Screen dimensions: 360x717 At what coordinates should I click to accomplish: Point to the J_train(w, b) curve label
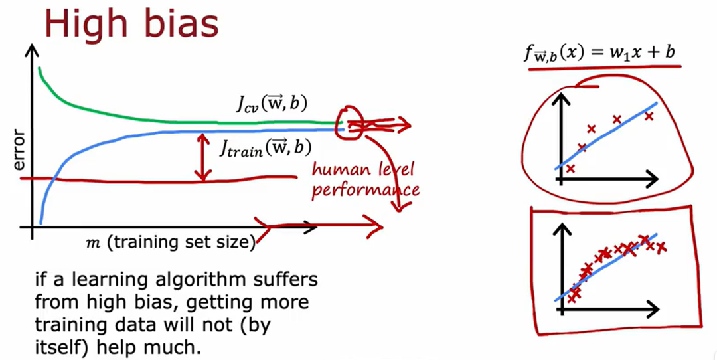pyautogui.click(x=266, y=147)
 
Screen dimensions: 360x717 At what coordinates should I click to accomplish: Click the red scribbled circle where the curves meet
pyautogui.click(x=349, y=124)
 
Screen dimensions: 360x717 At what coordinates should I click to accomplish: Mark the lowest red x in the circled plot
pyautogui.click(x=570, y=169)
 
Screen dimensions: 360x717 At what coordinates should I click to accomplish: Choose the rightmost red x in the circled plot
pyautogui.click(x=649, y=116)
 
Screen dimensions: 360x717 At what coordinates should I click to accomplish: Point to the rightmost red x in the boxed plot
pyautogui.click(x=661, y=248)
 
